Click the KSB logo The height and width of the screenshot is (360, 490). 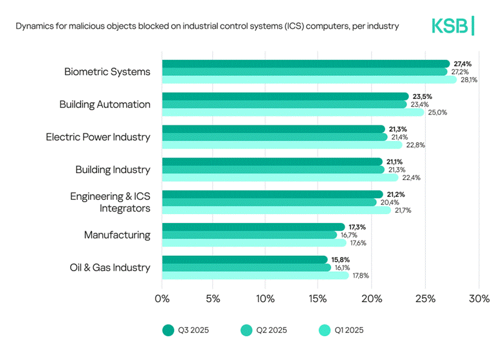[x=453, y=26]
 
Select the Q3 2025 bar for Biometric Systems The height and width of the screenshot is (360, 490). [x=305, y=64]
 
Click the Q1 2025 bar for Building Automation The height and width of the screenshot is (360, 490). [x=293, y=112]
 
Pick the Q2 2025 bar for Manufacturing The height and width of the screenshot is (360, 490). [x=250, y=235]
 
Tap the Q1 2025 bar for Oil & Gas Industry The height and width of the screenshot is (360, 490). [x=255, y=275]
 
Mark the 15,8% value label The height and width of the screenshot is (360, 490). [x=340, y=259]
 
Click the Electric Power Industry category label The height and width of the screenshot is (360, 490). [x=98, y=137]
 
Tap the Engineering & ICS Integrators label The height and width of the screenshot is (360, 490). [x=110, y=202]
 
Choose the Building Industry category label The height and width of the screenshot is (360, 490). [x=113, y=170]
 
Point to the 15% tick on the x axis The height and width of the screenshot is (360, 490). [x=318, y=298]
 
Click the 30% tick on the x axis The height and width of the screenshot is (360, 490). [x=479, y=298]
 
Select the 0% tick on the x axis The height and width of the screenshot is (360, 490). [x=162, y=298]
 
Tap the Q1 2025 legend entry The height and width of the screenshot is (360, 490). [x=341, y=330]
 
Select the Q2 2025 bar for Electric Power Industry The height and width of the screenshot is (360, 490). [x=275, y=137]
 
